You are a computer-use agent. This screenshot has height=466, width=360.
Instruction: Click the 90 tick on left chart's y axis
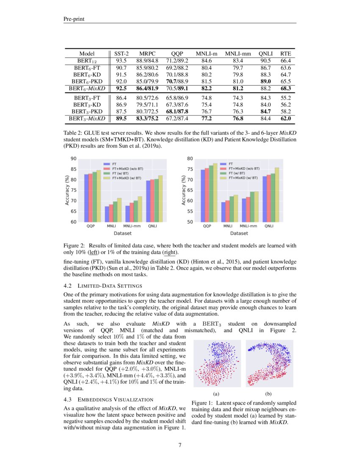pyautogui.click(x=74, y=159)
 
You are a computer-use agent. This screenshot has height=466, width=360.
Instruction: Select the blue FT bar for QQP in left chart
pyautogui.click(x=86, y=198)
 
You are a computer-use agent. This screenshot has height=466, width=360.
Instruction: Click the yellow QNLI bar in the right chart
pyautogui.click(x=277, y=194)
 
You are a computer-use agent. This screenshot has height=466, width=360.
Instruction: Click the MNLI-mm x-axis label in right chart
pyautogui.click(x=249, y=226)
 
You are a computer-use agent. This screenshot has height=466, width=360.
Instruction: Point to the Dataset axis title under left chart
pyautogui.click(x=122, y=233)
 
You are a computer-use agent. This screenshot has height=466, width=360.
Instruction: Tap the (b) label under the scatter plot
pyautogui.click(x=268, y=394)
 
